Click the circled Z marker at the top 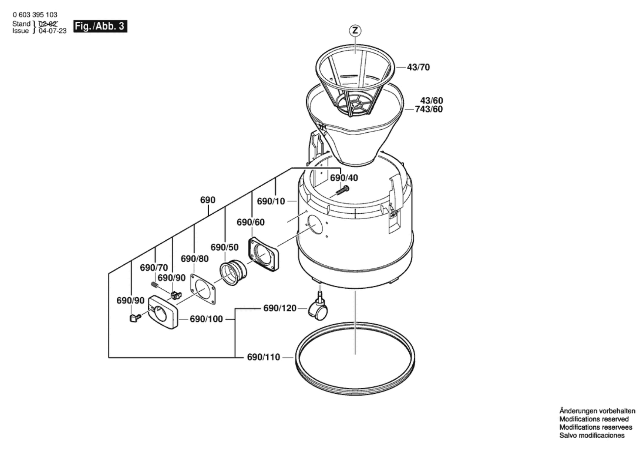coord(355,31)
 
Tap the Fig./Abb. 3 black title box coord(100,26)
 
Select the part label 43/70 coord(418,67)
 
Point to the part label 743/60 coord(429,109)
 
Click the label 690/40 coord(344,178)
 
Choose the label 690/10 coord(271,201)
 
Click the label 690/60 coord(250,222)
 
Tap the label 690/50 coord(224,247)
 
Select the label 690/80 coord(194,259)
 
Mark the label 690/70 coord(154,268)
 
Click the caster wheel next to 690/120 coord(318,310)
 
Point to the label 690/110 coord(263,357)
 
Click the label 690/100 coord(206,319)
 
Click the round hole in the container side coord(315,225)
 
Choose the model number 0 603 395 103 coord(35,15)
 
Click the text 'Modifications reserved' coord(594,419)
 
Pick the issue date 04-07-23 coord(53,31)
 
